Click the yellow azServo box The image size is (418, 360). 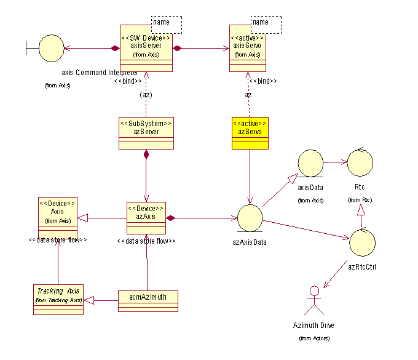tap(249, 133)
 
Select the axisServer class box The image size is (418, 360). tap(146, 49)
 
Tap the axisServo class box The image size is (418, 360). tap(248, 49)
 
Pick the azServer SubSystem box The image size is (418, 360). tap(146, 132)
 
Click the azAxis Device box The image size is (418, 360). tap(146, 218)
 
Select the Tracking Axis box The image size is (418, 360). tap(58, 299)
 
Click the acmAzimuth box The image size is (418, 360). tap(148, 300)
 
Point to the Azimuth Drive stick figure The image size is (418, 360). tap(314, 298)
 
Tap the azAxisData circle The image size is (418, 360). tap(250, 218)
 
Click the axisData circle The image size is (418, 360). tap(310, 164)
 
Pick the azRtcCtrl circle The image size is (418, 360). tap(362, 243)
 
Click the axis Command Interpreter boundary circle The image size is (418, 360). tap(52, 47)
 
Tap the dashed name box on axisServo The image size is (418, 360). tap(266, 24)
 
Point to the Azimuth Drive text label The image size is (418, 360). tap(313, 325)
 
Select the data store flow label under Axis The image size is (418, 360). tap(58, 241)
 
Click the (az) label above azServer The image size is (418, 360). tap(146, 95)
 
